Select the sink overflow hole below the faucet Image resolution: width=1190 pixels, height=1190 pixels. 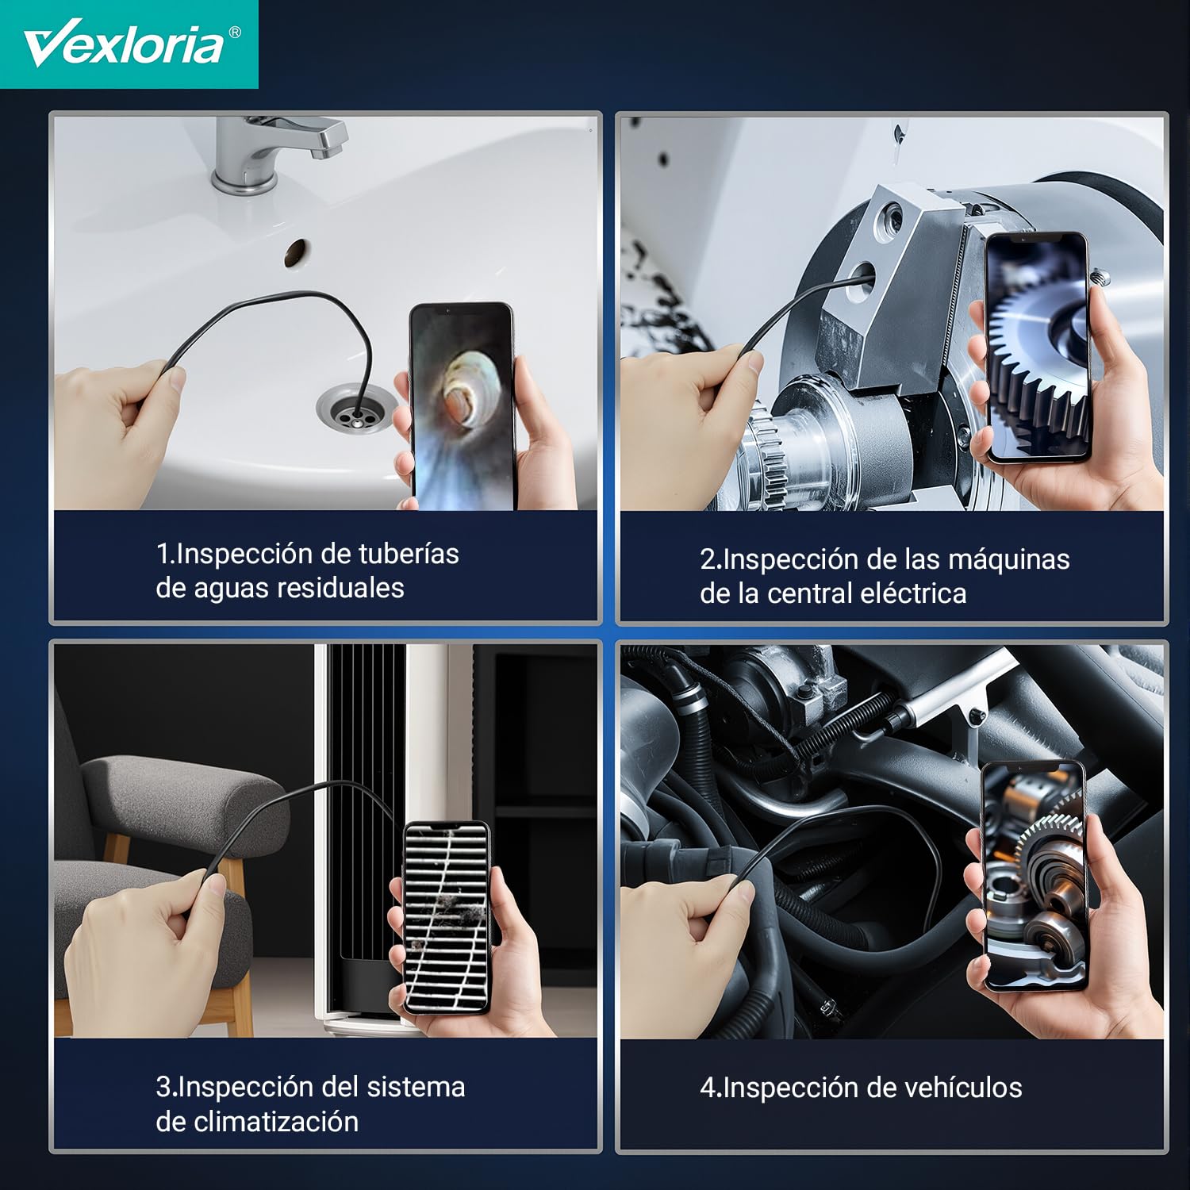point(297,251)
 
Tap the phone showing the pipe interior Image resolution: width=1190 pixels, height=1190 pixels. point(462,405)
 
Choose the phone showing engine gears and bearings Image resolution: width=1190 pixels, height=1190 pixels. point(1034,877)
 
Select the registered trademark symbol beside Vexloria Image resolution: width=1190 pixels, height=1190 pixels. point(234,33)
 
